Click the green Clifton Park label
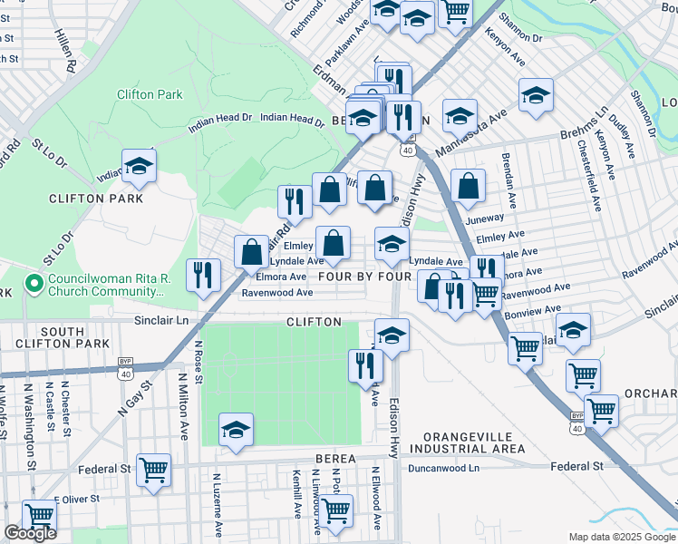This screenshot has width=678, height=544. (x=150, y=94)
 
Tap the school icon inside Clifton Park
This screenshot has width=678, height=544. (x=139, y=167)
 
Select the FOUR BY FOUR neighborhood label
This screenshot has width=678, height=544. (x=365, y=276)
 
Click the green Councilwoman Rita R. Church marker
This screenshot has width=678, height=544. (x=35, y=285)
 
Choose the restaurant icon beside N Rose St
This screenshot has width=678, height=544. (x=203, y=274)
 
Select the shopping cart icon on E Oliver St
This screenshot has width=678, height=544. (x=38, y=516)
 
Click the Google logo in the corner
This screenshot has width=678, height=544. (x=30, y=533)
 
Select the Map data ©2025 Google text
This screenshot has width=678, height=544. (x=622, y=537)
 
